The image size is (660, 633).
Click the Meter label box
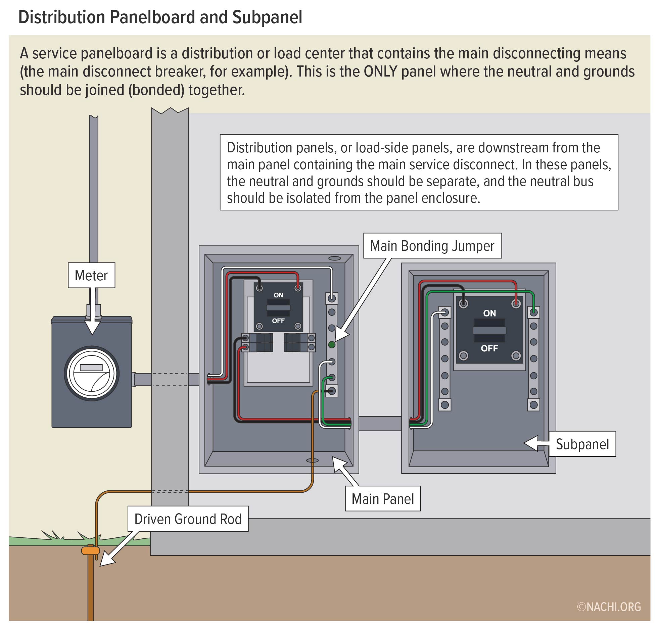click(x=91, y=276)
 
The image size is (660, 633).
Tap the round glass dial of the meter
click(x=92, y=373)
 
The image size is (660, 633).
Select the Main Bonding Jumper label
click(x=432, y=246)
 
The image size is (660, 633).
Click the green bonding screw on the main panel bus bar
click(x=332, y=344)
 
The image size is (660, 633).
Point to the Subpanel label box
click(x=582, y=444)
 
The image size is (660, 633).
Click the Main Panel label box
click(x=382, y=499)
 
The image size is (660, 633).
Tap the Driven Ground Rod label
click(x=188, y=519)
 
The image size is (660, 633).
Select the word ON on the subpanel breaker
click(x=489, y=313)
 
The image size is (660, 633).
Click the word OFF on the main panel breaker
click(x=278, y=321)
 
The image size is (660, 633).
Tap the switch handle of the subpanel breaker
click(x=489, y=330)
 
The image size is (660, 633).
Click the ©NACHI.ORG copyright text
click(x=609, y=607)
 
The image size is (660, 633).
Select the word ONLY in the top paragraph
click(x=381, y=72)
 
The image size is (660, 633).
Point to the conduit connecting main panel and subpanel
click(x=380, y=423)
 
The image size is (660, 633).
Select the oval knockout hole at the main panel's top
click(x=334, y=258)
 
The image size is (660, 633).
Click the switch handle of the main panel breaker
click(x=278, y=308)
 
